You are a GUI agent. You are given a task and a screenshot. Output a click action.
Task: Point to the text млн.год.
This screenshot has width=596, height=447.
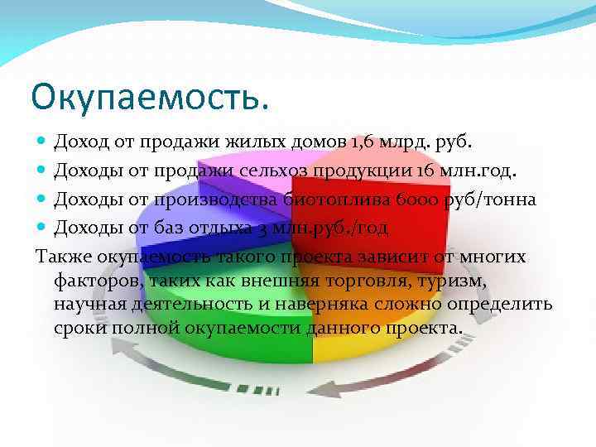(x=474, y=171)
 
